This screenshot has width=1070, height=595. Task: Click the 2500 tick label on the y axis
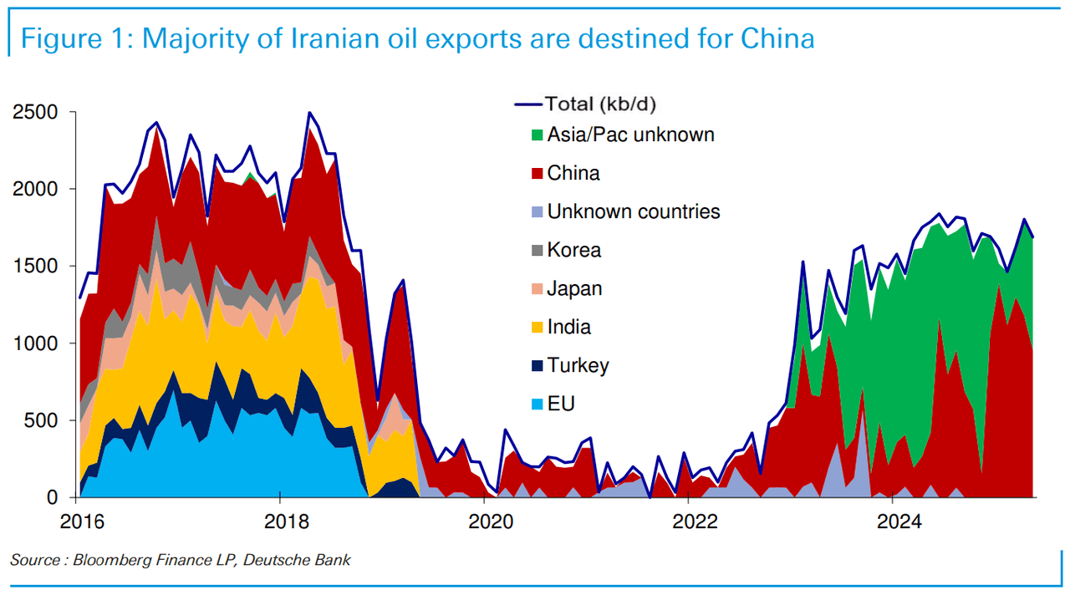tap(36, 112)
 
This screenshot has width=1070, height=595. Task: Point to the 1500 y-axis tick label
tap(36, 266)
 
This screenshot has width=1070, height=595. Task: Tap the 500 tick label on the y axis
tap(42, 420)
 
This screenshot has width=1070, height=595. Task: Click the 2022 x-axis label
tap(695, 522)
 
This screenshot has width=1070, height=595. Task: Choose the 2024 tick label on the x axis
tap(899, 522)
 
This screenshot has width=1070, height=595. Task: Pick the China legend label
tap(573, 174)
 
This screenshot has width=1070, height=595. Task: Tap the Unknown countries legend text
tap(634, 211)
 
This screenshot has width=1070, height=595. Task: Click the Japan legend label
tap(574, 289)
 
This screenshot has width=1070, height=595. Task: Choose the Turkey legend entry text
tap(578, 365)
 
